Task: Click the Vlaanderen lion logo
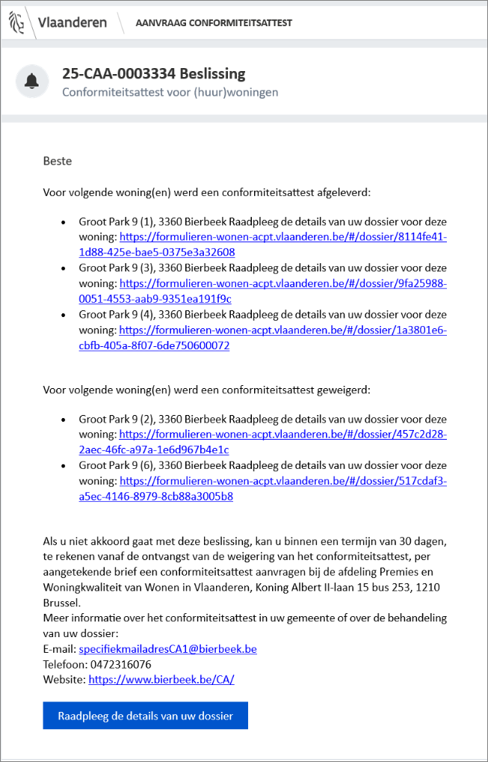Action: [16, 22]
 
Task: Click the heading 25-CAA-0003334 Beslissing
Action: [153, 73]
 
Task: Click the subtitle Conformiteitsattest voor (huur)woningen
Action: [170, 93]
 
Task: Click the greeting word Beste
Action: [58, 161]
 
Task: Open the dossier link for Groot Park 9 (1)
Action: [282, 237]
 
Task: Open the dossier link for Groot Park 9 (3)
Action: [282, 283]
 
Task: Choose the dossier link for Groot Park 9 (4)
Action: [282, 330]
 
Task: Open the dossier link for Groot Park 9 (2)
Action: [282, 434]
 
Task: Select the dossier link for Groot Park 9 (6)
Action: [282, 481]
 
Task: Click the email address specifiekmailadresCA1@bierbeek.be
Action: [167, 649]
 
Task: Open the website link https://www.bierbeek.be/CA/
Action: [161, 680]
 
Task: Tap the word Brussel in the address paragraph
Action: [62, 602]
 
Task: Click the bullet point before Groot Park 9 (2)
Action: [64, 420]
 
